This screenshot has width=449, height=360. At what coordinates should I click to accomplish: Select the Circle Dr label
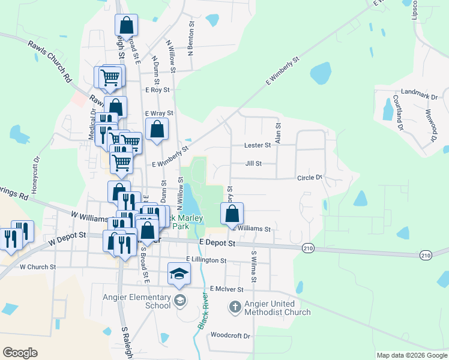point(310,178)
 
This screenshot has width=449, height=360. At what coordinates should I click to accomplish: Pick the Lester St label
point(258,145)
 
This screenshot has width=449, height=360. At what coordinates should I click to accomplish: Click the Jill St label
point(253,163)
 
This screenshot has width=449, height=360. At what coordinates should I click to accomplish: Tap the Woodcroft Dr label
point(231,335)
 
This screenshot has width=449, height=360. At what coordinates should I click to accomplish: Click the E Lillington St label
point(206,260)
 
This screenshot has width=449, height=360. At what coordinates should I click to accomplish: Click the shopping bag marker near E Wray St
point(157,128)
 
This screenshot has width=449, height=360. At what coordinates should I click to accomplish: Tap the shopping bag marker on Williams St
point(232,214)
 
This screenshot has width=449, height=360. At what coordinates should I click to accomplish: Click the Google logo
point(20,353)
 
